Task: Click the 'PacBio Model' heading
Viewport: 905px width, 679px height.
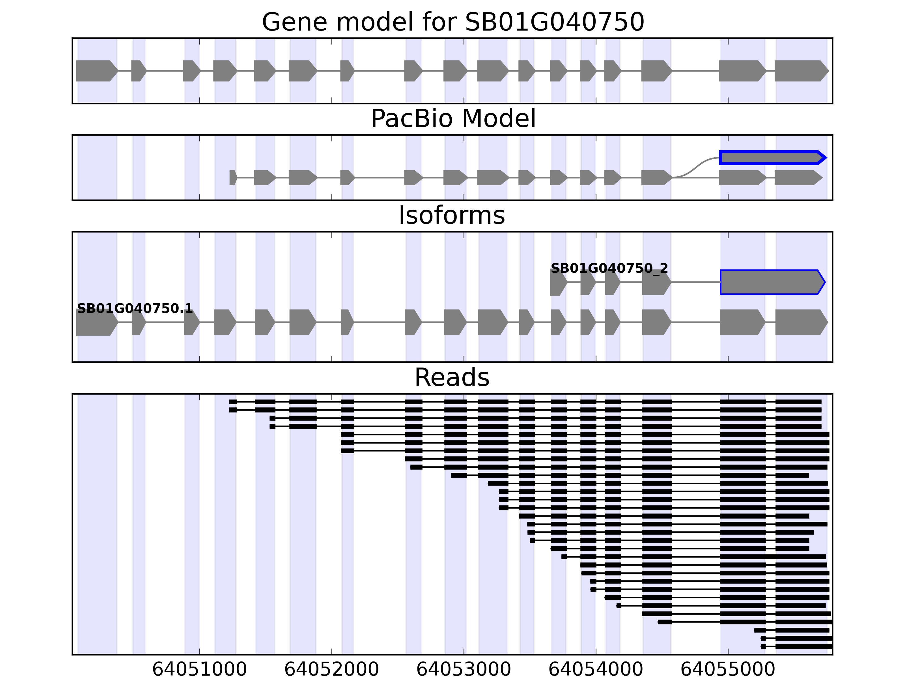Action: point(453,119)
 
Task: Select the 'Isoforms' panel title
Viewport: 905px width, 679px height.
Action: point(452,215)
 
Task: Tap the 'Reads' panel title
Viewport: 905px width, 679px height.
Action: point(452,377)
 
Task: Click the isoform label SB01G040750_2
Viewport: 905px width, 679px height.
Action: point(609,268)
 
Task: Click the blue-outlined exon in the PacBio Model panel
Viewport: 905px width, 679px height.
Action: point(771,158)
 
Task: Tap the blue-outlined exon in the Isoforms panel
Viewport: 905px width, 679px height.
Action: point(771,282)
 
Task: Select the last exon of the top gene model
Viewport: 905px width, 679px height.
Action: point(800,71)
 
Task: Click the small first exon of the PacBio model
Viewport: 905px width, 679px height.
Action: point(233,178)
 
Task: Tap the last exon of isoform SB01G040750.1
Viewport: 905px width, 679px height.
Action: point(800,322)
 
